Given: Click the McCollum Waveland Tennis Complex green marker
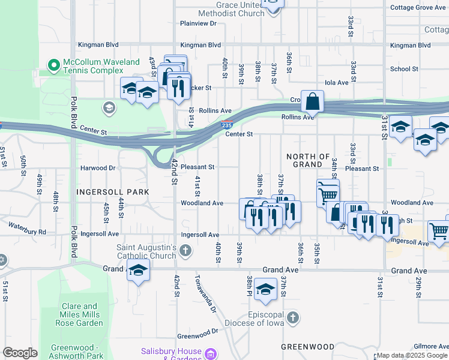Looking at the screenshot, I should point(54,64).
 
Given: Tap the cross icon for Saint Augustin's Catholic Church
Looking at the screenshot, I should point(186,250).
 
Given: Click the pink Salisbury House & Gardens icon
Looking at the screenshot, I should point(211,354).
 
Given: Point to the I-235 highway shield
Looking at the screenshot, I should point(226,125).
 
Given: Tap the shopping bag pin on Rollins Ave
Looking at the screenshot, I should point(313,103).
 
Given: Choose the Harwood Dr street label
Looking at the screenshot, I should point(98,169).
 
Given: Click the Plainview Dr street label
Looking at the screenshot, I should point(198,23).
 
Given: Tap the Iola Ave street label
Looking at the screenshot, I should point(336,83).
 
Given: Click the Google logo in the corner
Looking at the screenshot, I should point(20,353).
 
